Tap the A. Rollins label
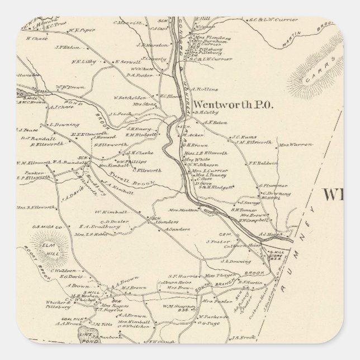[201, 88]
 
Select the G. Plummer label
[269, 201]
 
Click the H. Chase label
[36, 39]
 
